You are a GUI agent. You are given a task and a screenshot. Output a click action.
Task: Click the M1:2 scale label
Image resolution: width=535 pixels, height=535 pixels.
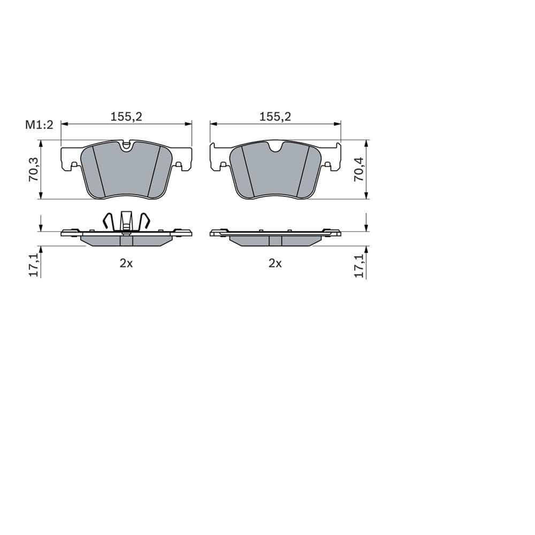(x=40, y=125)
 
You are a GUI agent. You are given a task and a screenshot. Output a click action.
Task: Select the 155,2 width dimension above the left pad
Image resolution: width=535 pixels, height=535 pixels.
(x=126, y=117)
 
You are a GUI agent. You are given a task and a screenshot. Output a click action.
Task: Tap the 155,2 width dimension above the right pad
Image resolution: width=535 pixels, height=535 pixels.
(x=275, y=117)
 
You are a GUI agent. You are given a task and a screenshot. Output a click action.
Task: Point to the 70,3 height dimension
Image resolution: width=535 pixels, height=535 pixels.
(x=33, y=170)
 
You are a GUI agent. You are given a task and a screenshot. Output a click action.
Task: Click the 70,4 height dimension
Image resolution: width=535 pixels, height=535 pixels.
(x=358, y=170)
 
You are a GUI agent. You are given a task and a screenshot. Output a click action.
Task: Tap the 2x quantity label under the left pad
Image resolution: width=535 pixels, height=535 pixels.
(x=126, y=263)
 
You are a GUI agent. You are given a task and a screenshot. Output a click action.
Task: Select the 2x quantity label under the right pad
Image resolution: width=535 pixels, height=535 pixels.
(x=275, y=263)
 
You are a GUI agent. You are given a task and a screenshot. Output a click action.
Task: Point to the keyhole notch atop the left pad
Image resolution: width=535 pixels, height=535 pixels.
(x=126, y=145)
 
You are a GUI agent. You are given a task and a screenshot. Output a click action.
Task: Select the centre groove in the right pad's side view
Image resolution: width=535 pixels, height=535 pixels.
(x=275, y=241)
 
